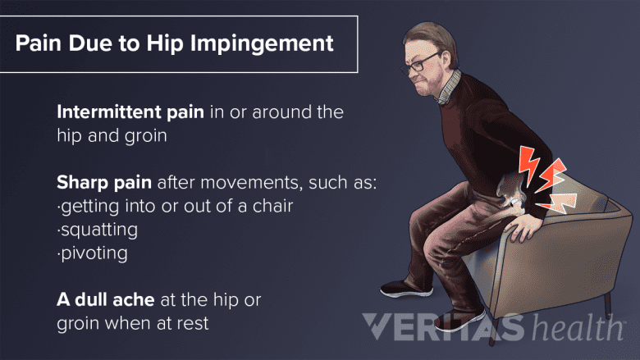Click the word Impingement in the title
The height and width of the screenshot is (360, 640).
pos(262,44)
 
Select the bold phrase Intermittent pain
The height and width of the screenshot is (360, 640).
pos(130,112)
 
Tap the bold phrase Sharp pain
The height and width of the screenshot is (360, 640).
pos(104,183)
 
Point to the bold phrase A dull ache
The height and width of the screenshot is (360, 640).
pos(106,299)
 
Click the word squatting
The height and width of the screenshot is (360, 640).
pos(99,230)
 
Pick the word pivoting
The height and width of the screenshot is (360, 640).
pos(94,253)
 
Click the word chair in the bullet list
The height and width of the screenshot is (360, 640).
pos(272,206)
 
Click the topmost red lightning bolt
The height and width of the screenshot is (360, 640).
pos(528,162)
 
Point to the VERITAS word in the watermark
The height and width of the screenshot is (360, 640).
pos(443,326)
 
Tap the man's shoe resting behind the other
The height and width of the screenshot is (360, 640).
pos(406,289)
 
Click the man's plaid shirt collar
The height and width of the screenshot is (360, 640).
pos(449,89)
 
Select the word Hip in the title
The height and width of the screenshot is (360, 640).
pos(165,44)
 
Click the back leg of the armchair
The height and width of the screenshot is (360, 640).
pos(608,305)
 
